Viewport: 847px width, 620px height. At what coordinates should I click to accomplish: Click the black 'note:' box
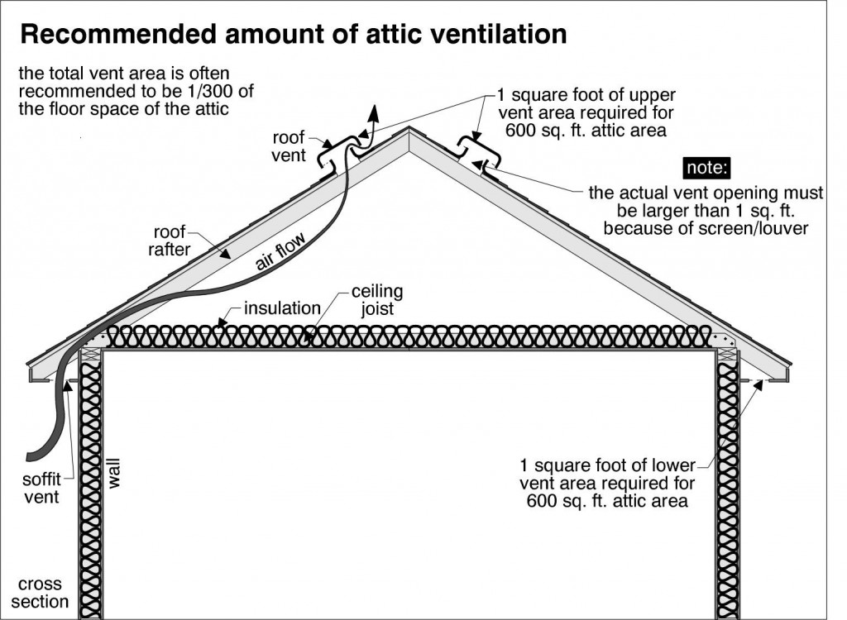[706, 168]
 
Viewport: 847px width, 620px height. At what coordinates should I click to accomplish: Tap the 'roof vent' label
[289, 146]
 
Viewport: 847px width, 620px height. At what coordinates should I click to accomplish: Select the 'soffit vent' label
[41, 489]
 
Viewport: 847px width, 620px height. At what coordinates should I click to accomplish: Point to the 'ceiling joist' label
[377, 300]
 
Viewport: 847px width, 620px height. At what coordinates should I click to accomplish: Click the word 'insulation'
[282, 308]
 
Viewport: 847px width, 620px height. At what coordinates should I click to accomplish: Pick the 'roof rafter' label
[169, 241]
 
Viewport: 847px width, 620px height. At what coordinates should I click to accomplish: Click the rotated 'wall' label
[114, 474]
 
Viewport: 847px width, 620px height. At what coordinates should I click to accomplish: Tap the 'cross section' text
[40, 593]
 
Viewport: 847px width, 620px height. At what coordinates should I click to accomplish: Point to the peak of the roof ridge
[409, 127]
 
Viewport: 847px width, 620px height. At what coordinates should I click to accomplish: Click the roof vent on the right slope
[477, 155]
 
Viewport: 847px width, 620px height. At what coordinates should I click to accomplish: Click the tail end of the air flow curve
[31, 455]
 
